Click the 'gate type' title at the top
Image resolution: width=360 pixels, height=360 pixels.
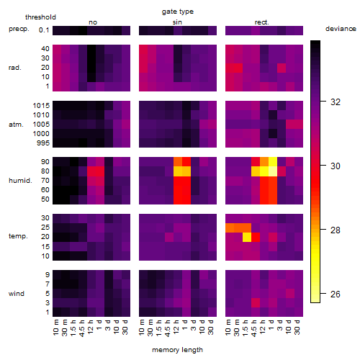click(x=178, y=12)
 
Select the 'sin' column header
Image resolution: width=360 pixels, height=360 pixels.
click(x=177, y=22)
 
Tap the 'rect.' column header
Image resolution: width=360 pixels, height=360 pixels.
click(x=262, y=22)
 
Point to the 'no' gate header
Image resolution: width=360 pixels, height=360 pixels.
click(x=93, y=22)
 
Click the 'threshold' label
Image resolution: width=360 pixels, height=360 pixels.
click(x=40, y=17)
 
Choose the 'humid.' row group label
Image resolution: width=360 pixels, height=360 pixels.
click(x=20, y=181)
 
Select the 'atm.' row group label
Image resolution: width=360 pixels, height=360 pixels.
click(x=16, y=125)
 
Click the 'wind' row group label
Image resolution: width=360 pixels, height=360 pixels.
click(x=17, y=294)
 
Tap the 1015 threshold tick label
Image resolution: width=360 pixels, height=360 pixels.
click(x=41, y=106)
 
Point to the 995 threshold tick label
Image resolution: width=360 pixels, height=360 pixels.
click(x=43, y=143)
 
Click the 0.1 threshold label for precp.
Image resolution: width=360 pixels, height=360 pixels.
click(x=44, y=30)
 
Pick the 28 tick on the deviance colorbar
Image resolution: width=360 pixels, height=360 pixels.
click(x=336, y=230)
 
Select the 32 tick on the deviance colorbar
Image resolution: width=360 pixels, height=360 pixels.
click(x=336, y=102)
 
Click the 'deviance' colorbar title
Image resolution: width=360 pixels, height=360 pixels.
click(x=341, y=29)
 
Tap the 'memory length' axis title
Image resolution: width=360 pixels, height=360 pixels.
click(x=178, y=350)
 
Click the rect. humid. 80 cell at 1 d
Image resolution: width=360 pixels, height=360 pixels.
click(x=273, y=171)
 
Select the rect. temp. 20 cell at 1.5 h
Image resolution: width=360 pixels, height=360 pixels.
click(x=247, y=237)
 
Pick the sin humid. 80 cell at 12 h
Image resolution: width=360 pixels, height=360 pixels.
click(x=178, y=171)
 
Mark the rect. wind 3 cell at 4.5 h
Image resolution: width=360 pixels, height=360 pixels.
click(x=256, y=302)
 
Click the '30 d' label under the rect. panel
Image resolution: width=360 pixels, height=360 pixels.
click(x=297, y=327)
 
